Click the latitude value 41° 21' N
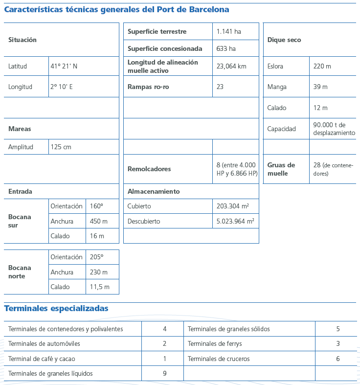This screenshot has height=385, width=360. (64, 66)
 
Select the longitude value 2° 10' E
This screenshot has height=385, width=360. (62, 87)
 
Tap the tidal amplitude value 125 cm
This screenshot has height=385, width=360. (61, 147)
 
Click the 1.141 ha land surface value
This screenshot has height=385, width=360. (229, 32)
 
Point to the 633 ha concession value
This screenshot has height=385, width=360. (226, 48)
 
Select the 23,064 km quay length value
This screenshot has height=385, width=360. (231, 66)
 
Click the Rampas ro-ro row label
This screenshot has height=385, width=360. (148, 87)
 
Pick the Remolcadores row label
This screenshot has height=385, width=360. (149, 169)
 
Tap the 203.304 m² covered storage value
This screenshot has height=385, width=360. (233, 206)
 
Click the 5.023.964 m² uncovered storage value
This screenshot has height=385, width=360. (235, 221)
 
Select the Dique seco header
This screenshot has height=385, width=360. (284, 40)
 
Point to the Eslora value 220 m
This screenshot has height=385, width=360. (322, 66)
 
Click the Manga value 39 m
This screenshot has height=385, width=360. (320, 87)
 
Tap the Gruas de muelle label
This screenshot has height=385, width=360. (281, 169)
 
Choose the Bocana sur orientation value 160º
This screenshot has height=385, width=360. (97, 206)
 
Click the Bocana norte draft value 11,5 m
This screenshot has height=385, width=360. (100, 287)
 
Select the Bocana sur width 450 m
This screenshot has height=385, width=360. (99, 221)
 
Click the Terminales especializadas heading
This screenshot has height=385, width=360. (56, 308)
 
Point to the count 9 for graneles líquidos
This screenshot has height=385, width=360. (165, 373)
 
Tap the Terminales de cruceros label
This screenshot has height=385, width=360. (219, 359)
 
